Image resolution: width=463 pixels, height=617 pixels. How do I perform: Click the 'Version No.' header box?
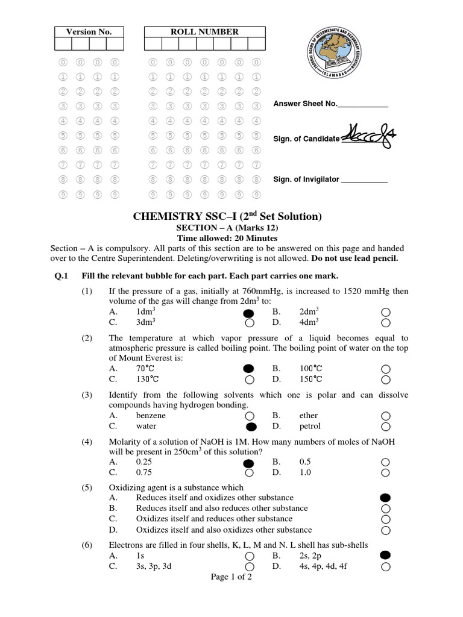point(89,32)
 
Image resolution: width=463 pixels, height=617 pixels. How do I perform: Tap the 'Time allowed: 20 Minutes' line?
point(231,239)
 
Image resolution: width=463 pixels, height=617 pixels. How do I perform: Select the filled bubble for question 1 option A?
point(248,313)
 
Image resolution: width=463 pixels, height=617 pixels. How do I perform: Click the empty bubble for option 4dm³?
point(386,322)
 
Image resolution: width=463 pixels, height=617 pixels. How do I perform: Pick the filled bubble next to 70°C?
point(248,369)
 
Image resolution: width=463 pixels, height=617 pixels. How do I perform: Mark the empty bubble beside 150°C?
point(386,379)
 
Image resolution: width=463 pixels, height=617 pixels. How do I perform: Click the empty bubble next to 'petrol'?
point(386,427)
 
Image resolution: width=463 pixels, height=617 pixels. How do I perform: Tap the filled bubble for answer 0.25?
point(248,463)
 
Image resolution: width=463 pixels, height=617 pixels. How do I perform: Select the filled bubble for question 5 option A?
point(386,498)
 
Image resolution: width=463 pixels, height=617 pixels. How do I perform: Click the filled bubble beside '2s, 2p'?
point(386,555)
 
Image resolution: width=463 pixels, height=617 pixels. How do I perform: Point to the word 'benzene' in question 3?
point(151,416)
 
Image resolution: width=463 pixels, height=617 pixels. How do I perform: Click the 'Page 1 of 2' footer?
point(231,577)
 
